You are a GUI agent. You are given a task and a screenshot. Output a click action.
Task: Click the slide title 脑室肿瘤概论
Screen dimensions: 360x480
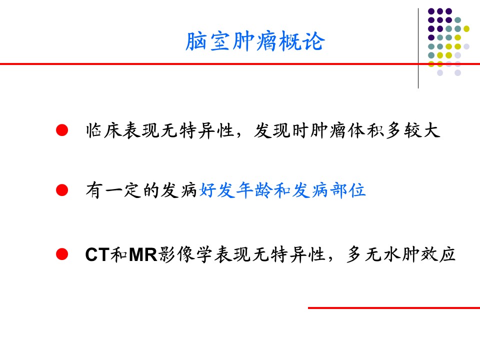(x=255, y=42)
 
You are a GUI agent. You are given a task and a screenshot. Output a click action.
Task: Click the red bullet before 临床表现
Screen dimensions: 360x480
(x=61, y=131)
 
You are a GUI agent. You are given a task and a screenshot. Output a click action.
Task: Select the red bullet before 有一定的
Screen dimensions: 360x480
(x=61, y=190)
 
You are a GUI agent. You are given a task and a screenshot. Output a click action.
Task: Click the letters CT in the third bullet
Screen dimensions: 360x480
(x=97, y=255)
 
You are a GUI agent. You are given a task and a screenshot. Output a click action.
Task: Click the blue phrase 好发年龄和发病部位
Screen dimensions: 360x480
(x=282, y=190)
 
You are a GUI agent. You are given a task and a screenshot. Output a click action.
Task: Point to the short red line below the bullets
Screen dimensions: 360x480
(x=393, y=307)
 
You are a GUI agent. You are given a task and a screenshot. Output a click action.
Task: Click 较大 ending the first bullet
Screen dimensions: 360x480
(x=425, y=131)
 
